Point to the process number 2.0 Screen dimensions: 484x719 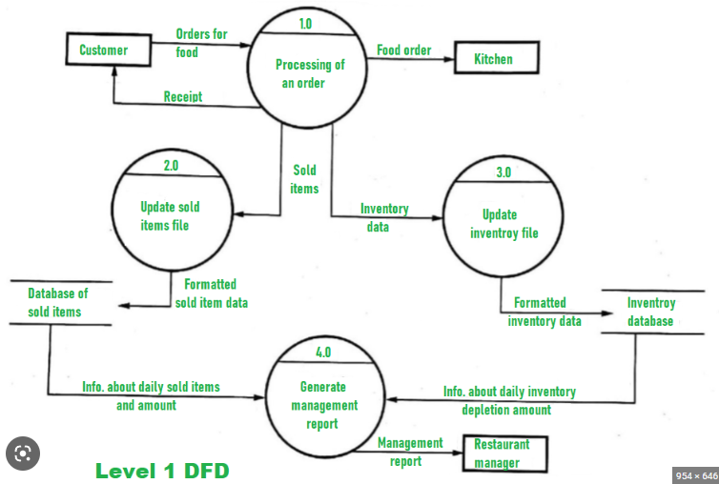pos(170,166)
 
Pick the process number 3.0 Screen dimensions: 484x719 pos(503,172)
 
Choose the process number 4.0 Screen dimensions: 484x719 pos(322,353)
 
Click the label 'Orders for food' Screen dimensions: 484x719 pos(201,43)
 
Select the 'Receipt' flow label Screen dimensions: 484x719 pos(182,97)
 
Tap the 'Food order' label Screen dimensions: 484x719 pos(403,50)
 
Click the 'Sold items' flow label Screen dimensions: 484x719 pos(304,179)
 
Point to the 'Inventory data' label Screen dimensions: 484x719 pos(383,217)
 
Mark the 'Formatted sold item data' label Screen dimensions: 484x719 pos(210,292)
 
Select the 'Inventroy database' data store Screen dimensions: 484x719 pos(651,312)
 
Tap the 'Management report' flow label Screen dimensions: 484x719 pos(410,451)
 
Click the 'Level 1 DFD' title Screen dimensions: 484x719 pos(162,471)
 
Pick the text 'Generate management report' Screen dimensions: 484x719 pos(322,405)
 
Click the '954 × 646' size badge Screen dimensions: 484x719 pos(694,474)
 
